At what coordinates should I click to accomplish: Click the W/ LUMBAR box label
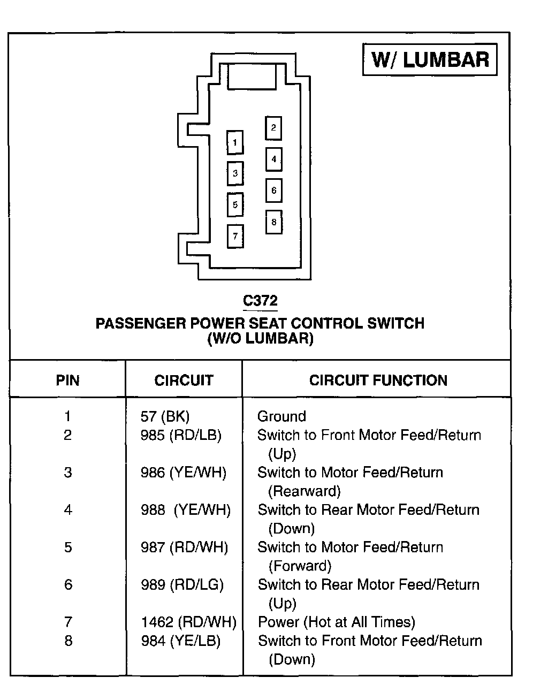[x=430, y=59]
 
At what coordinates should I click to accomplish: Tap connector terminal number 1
[x=235, y=143]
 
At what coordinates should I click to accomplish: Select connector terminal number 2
[x=273, y=128]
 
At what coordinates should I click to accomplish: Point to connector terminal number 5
[x=235, y=204]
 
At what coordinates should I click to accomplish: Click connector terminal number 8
[x=273, y=222]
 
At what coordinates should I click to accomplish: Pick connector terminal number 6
[x=273, y=190]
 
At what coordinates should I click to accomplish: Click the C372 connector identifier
[x=260, y=301]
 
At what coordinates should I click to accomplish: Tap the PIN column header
[x=67, y=380]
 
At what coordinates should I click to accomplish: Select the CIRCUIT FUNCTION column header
[x=378, y=380]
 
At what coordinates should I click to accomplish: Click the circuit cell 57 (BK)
[x=165, y=416]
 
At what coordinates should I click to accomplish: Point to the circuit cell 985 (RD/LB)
[x=181, y=435]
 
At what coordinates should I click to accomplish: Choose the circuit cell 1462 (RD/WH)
[x=188, y=622]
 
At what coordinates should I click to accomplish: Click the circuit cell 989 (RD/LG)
[x=182, y=584]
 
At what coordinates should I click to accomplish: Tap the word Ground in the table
[x=281, y=416]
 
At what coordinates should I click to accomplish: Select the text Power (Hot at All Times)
[x=336, y=622]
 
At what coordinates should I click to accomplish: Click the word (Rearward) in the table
[x=304, y=491]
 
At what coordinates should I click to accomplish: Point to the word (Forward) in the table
[x=300, y=566]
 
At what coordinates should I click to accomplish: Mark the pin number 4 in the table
[x=68, y=510]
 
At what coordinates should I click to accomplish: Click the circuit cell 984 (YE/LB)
[x=180, y=641]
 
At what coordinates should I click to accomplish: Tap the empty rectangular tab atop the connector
[x=252, y=76]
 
